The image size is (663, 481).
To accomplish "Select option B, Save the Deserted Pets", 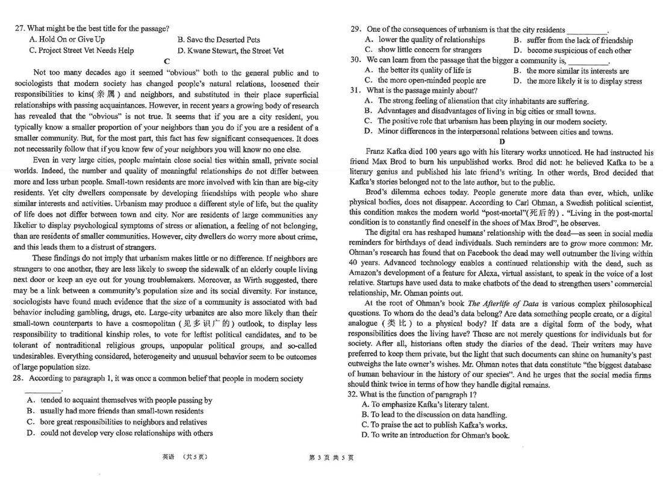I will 219,40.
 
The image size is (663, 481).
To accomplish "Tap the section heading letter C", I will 167,61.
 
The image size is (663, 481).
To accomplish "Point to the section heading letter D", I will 502,142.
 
